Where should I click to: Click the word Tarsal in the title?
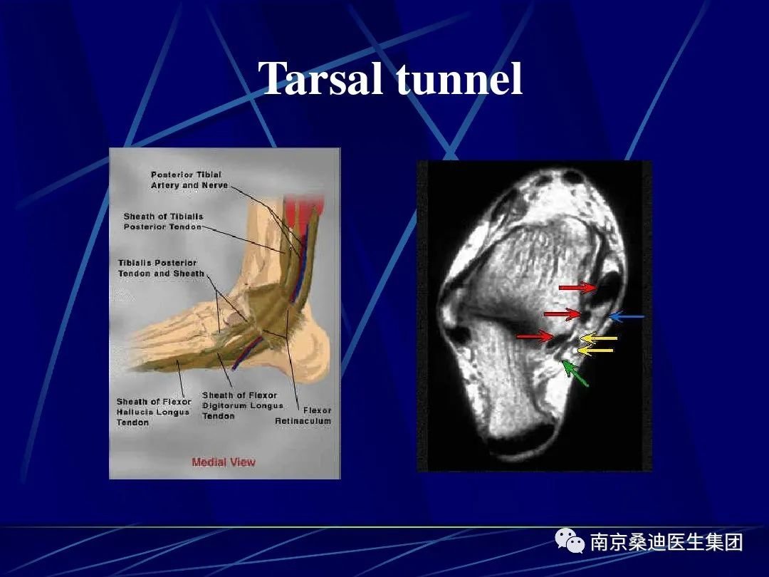point(320,78)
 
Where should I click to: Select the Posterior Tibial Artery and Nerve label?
point(189,180)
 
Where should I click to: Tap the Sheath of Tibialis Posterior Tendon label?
point(163,222)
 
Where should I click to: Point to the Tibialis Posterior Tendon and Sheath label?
point(161,268)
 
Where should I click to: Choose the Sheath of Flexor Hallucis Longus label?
point(154,412)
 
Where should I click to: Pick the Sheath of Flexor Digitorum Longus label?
point(243,405)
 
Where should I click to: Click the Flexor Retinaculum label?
point(303,415)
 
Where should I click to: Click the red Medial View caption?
point(224,462)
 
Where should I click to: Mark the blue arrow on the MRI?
point(627,317)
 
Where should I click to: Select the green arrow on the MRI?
point(575,373)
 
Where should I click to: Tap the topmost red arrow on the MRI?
point(578,287)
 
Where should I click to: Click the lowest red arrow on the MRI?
point(535,336)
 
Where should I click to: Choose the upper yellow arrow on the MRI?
point(598,338)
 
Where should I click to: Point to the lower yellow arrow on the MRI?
point(595,350)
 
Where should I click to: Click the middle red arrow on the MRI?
point(563,313)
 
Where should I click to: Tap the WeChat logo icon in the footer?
point(570,541)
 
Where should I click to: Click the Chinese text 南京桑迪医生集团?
point(666,542)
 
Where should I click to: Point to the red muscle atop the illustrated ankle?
point(304,209)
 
